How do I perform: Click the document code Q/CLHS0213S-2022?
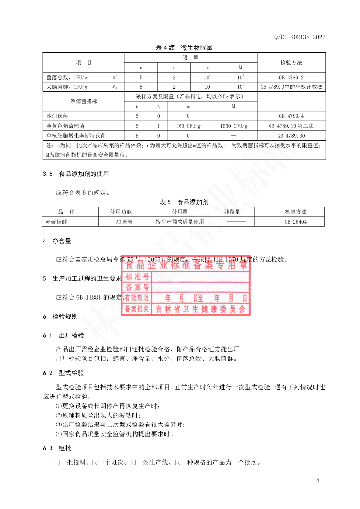(300, 37)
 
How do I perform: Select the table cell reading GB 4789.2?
(291, 77)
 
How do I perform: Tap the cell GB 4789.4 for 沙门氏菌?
(291, 115)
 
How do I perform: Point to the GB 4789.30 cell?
(291, 135)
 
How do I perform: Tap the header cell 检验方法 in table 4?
(291, 63)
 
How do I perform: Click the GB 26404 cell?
(295, 222)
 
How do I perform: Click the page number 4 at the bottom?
(317, 481)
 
